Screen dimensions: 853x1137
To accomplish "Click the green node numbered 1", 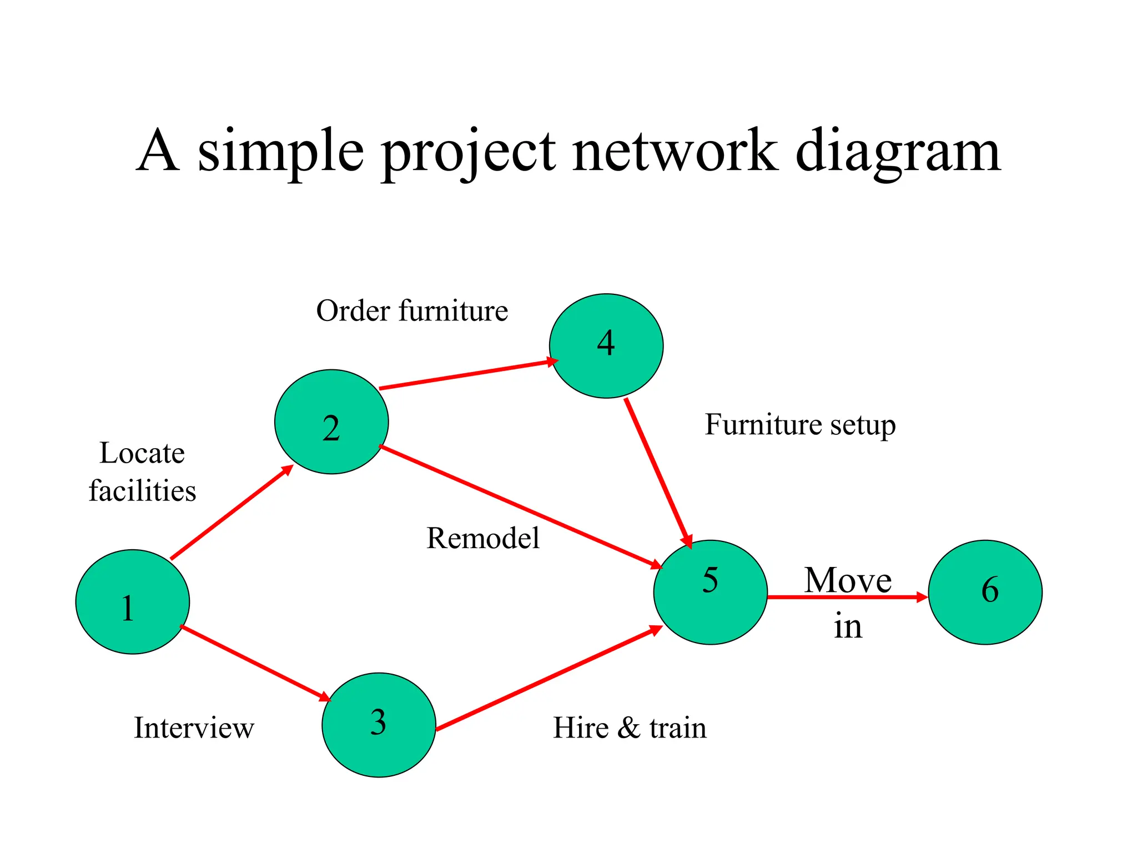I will click(x=132, y=601).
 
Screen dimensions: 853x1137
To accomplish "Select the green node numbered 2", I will click(x=331, y=422).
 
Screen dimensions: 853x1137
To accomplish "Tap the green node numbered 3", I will click(x=379, y=725).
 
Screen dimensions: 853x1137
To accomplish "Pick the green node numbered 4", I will click(x=606, y=345).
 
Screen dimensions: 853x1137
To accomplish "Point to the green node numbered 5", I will click(x=710, y=592).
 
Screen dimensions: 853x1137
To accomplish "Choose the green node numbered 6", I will click(x=985, y=592).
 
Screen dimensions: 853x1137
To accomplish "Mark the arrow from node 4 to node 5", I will click(x=658, y=472).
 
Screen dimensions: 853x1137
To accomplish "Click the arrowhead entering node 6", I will click(x=921, y=597).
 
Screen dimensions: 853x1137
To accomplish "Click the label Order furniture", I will click(x=412, y=310).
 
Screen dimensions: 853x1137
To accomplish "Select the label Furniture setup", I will click(x=800, y=425).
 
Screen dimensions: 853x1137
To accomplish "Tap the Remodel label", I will click(x=482, y=538).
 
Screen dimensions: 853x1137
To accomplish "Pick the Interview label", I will click(x=194, y=727).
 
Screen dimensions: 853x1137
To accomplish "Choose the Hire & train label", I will click(x=630, y=727).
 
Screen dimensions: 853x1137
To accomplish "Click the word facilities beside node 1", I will click(x=142, y=491).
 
